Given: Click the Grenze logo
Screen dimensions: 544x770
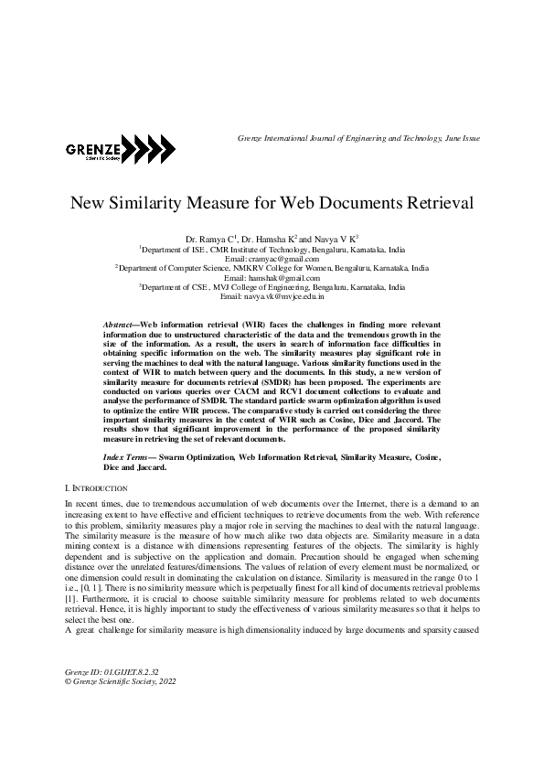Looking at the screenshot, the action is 113,149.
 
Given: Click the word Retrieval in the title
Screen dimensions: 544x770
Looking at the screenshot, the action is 435,204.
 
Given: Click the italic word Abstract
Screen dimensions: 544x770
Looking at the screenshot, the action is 119,325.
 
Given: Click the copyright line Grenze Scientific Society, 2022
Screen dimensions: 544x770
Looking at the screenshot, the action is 121,707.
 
